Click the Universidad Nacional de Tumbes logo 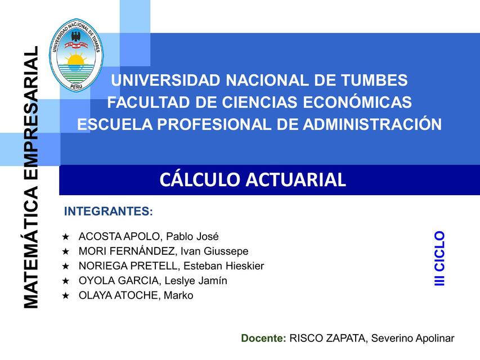(x=75, y=55)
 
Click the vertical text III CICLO (x=440, y=258)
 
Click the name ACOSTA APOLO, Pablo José (x=149, y=236)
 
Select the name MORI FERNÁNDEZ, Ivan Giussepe (x=163, y=251)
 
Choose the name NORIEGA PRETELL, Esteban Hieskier (x=171, y=265)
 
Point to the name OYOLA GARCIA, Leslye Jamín (x=153, y=281)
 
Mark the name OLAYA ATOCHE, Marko (x=136, y=295)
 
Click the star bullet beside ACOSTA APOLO (x=66, y=237)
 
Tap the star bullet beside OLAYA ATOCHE (x=66, y=296)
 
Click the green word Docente (x=263, y=338)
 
